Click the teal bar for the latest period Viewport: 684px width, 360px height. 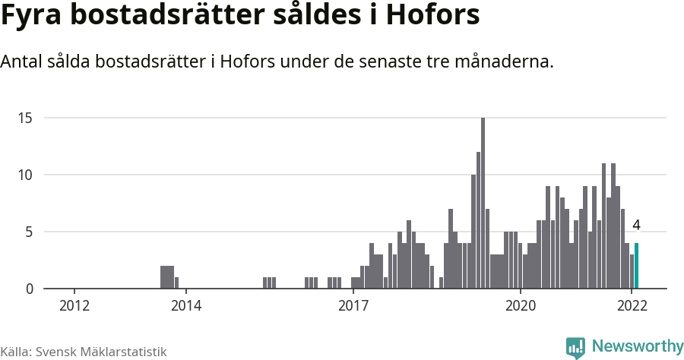(636, 266)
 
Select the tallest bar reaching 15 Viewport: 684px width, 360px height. (483, 204)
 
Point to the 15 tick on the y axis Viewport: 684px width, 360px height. (26, 118)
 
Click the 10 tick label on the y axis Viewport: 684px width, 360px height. (26, 175)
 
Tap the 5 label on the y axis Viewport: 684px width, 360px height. (29, 232)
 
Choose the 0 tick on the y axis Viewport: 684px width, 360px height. (29, 289)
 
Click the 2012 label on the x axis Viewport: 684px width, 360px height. (74, 306)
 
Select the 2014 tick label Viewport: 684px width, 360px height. (186, 306)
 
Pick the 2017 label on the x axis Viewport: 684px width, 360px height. (353, 306)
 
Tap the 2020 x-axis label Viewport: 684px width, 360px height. (521, 306)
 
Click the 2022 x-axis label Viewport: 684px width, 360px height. (632, 306)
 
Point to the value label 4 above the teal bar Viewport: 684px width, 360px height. (636, 226)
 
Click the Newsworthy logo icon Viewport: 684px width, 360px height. (575, 347)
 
